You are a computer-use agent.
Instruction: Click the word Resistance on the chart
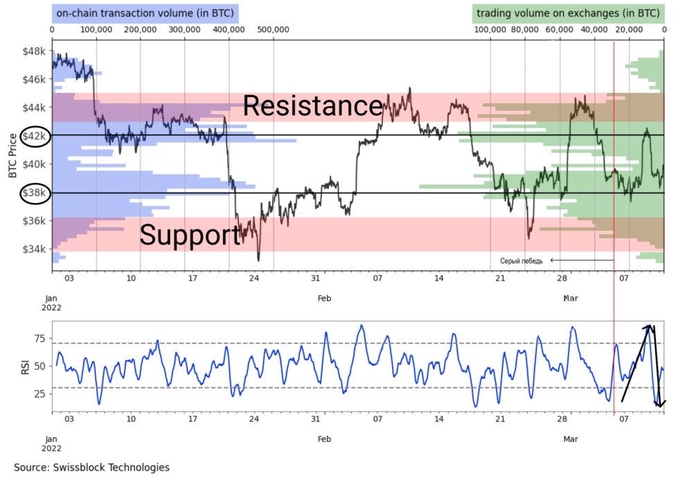(312, 106)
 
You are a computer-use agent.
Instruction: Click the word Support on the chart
(190, 235)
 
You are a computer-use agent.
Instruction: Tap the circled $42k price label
(33, 136)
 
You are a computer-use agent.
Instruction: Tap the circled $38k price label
(33, 193)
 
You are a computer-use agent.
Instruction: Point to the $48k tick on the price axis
(33, 51)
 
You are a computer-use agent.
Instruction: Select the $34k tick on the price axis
(33, 249)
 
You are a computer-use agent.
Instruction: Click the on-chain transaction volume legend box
(145, 12)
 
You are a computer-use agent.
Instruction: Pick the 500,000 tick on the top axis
(272, 30)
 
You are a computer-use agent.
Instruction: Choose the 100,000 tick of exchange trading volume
(490, 30)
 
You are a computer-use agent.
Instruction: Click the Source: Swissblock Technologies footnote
(91, 468)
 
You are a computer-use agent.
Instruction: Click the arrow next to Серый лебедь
(580, 261)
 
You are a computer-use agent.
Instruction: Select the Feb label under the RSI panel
(324, 439)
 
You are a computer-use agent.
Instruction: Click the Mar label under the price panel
(570, 298)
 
